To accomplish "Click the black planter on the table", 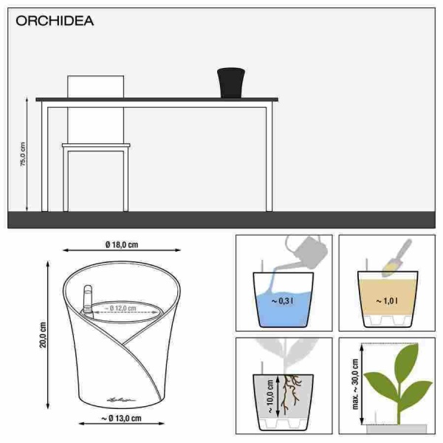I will pos(230,82).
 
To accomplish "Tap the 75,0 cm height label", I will pos(22,155).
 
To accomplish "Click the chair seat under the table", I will pos(96,145).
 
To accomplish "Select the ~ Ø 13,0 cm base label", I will pos(121,418).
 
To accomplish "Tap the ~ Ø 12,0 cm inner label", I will pos(122,307).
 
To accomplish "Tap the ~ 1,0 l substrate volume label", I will pos(385,301).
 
